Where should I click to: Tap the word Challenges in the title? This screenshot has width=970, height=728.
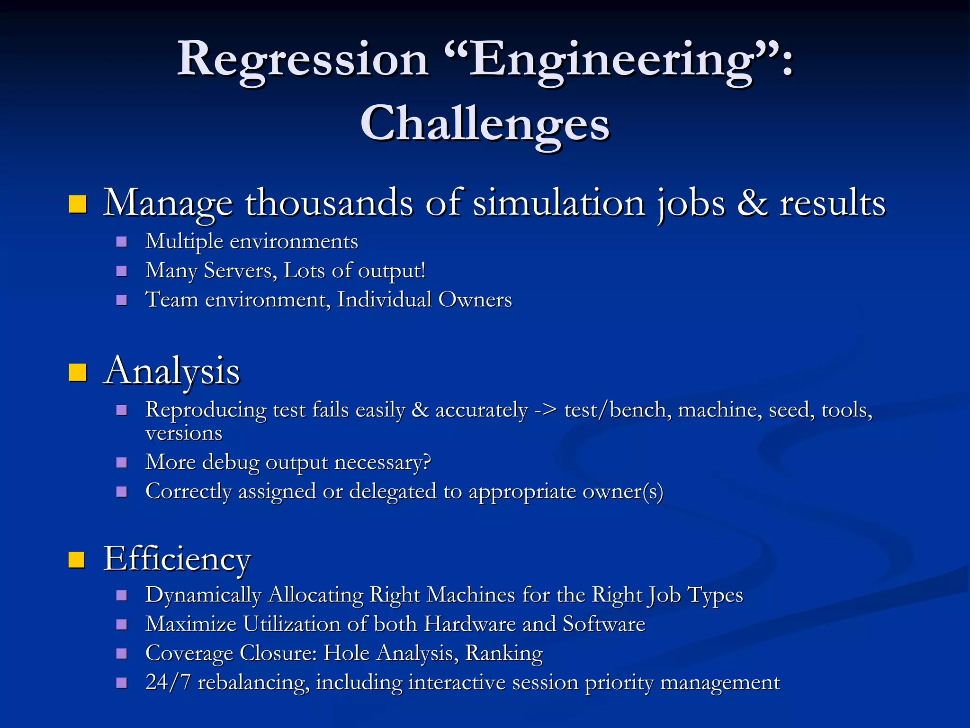[x=485, y=124]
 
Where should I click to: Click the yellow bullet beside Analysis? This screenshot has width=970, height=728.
[x=78, y=373]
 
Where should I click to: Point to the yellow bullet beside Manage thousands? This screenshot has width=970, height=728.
[x=78, y=204]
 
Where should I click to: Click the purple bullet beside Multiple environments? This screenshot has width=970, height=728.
[x=122, y=242]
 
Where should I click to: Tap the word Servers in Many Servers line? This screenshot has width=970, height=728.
[x=240, y=271]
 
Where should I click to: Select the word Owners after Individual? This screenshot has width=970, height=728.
[x=475, y=300]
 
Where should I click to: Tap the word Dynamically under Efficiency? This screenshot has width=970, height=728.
[x=203, y=595]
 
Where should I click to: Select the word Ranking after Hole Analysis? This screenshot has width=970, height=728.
[x=504, y=654]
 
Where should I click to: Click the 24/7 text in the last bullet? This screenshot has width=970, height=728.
[x=168, y=682]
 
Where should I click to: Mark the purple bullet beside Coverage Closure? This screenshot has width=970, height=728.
[x=122, y=654]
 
